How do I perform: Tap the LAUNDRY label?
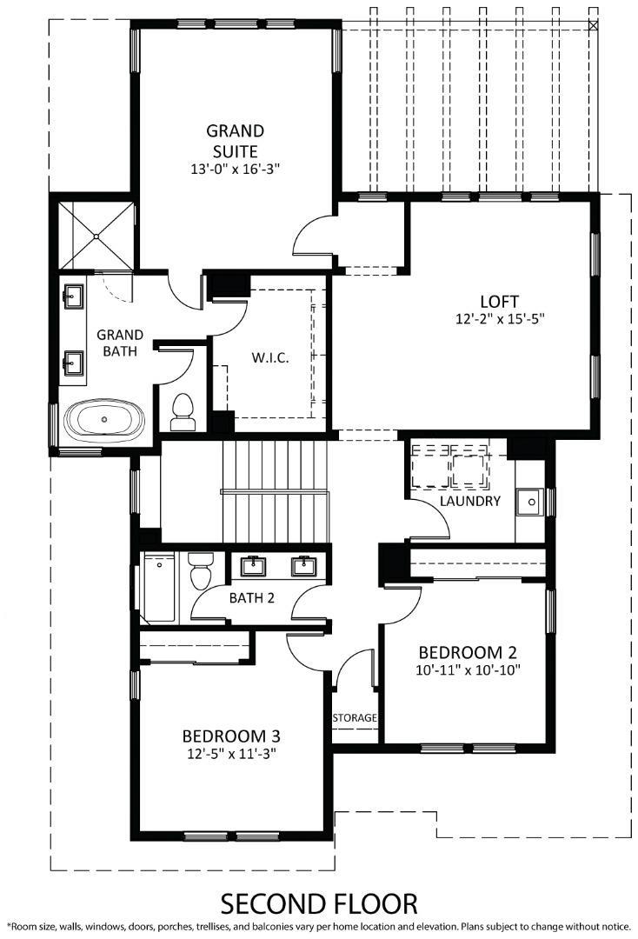pyautogui.click(x=469, y=502)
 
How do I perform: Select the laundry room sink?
pyautogui.click(x=528, y=501)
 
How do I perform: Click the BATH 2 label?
pyautogui.click(x=251, y=598)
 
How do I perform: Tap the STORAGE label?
pyautogui.click(x=356, y=718)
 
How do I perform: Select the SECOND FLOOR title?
pyautogui.click(x=319, y=903)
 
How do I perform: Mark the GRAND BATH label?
pyautogui.click(x=120, y=343)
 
